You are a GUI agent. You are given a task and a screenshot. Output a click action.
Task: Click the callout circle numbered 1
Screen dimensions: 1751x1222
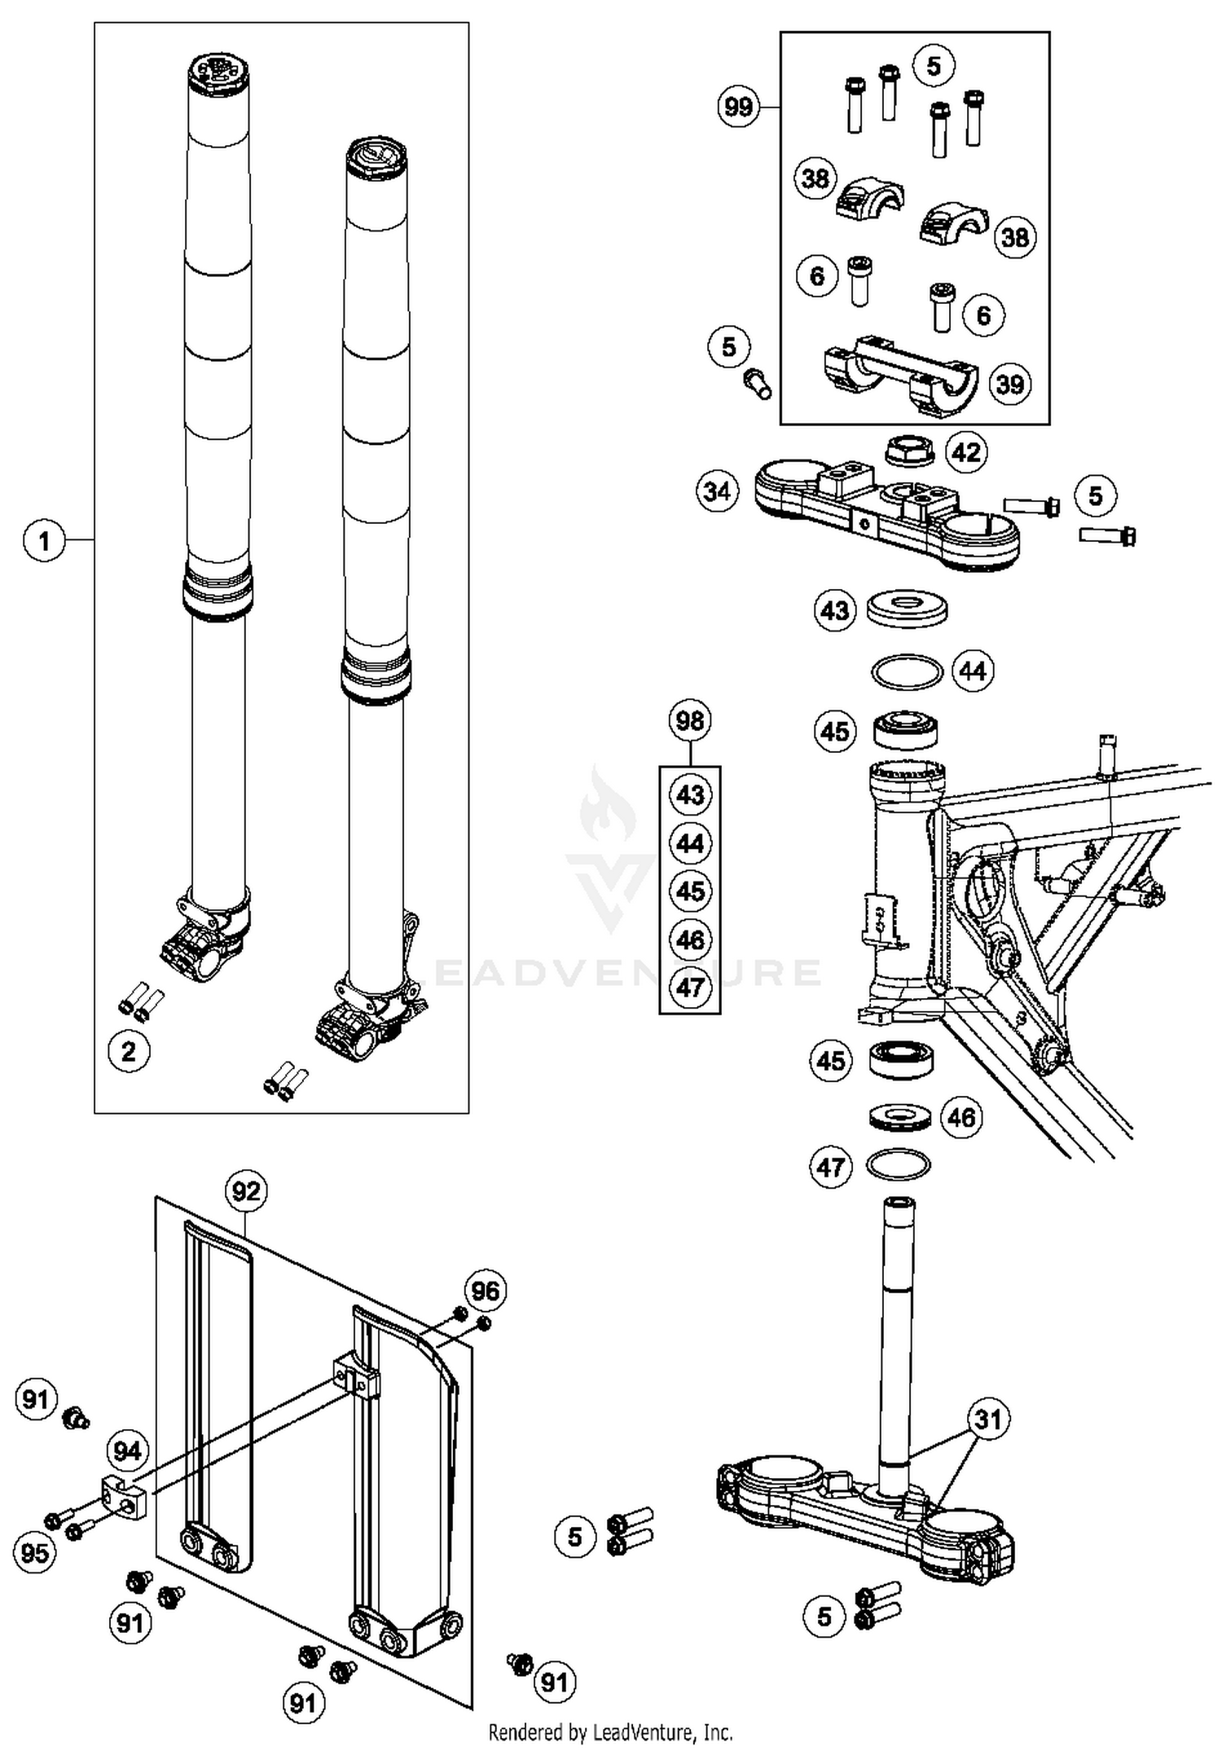coord(44,540)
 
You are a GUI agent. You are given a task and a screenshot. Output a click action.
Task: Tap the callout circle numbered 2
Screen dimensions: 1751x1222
coord(129,1051)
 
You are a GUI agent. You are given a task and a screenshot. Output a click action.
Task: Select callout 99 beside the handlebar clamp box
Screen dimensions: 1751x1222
coord(738,107)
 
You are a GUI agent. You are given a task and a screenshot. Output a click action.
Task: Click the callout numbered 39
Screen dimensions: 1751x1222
coord(1010,384)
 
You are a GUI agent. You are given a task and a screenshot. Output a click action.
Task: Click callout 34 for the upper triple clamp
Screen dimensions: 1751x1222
coord(717,492)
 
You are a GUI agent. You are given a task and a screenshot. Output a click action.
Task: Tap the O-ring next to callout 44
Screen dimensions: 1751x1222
coord(907,672)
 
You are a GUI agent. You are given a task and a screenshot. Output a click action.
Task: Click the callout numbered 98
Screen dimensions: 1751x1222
coord(690,720)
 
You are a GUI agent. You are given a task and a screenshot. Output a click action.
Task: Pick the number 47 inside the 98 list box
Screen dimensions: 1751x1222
coord(690,987)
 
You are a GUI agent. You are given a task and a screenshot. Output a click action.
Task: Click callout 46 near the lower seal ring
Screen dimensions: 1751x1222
coord(961,1117)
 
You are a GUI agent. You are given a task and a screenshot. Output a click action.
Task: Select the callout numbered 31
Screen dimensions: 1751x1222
coord(987,1419)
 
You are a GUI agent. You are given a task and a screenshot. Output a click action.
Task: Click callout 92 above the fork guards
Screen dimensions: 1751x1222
coord(246,1192)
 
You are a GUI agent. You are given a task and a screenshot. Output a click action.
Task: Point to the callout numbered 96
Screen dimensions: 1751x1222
coord(486,1291)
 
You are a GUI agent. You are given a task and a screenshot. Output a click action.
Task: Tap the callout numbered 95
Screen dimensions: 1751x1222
coord(34,1552)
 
